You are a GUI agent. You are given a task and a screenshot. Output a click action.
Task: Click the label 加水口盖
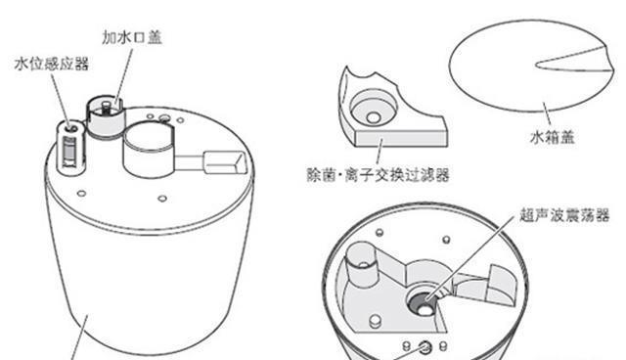pyautogui.click(x=133, y=38)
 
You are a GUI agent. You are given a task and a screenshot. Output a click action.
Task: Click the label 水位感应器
pyautogui.click(x=52, y=65)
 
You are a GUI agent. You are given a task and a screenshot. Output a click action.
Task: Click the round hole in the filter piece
pyautogui.click(x=372, y=103)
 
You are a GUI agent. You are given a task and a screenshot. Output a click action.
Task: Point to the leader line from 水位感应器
pyautogui.click(x=60, y=98)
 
